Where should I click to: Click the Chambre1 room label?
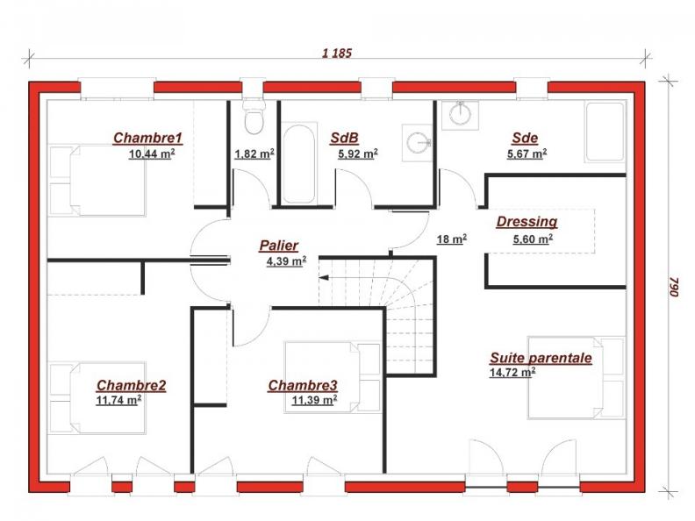coord(147,138)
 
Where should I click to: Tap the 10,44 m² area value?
coord(151,153)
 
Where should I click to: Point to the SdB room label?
coord(343,138)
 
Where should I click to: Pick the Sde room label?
coord(525,138)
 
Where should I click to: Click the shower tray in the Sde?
coord(604,132)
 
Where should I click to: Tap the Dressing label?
coord(527,222)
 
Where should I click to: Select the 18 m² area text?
coord(451,239)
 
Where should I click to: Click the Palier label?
coord(278,246)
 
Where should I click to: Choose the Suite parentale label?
coord(541,358)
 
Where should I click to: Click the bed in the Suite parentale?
coord(575,376)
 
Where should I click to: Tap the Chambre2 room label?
coord(131,385)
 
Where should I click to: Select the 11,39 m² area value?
coord(314,401)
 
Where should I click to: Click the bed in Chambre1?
coord(97,180)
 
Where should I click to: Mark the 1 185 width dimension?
coord(337,54)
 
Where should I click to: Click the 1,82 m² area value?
coord(254,154)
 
